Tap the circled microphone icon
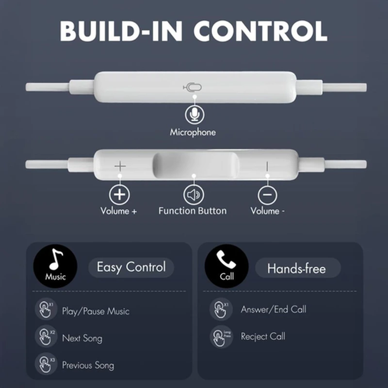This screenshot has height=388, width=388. (x=194, y=114)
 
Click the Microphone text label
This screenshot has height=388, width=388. (x=193, y=132)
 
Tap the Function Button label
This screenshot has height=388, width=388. (x=193, y=211)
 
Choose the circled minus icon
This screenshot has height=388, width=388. (x=267, y=195)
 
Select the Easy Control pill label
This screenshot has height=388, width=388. (x=131, y=267)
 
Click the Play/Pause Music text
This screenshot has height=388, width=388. (x=96, y=311)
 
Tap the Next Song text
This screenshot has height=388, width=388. (x=82, y=338)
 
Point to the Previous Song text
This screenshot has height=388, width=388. (x=88, y=365)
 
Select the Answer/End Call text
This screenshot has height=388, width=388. (x=274, y=309)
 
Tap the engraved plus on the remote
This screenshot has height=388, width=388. (x=120, y=166)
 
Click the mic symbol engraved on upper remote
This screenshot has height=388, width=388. (x=193, y=87)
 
